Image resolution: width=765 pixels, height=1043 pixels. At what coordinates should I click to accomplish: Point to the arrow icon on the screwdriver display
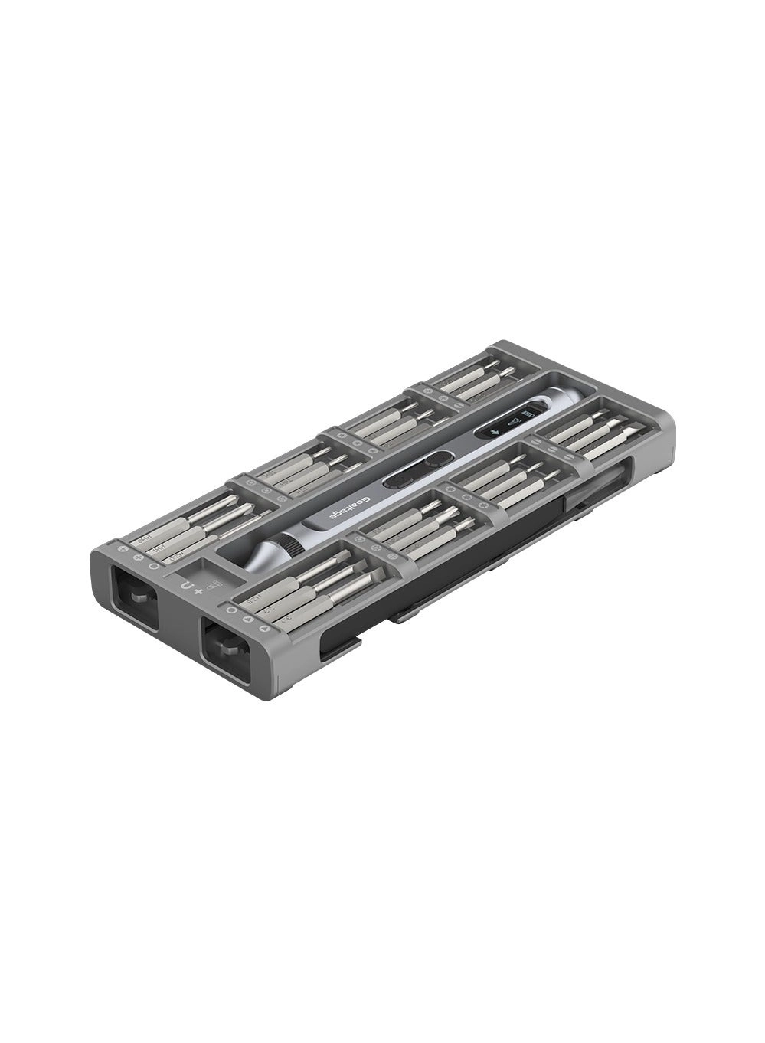(494, 433)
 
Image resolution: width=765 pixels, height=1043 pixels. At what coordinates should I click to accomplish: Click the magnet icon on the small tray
(186, 586)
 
